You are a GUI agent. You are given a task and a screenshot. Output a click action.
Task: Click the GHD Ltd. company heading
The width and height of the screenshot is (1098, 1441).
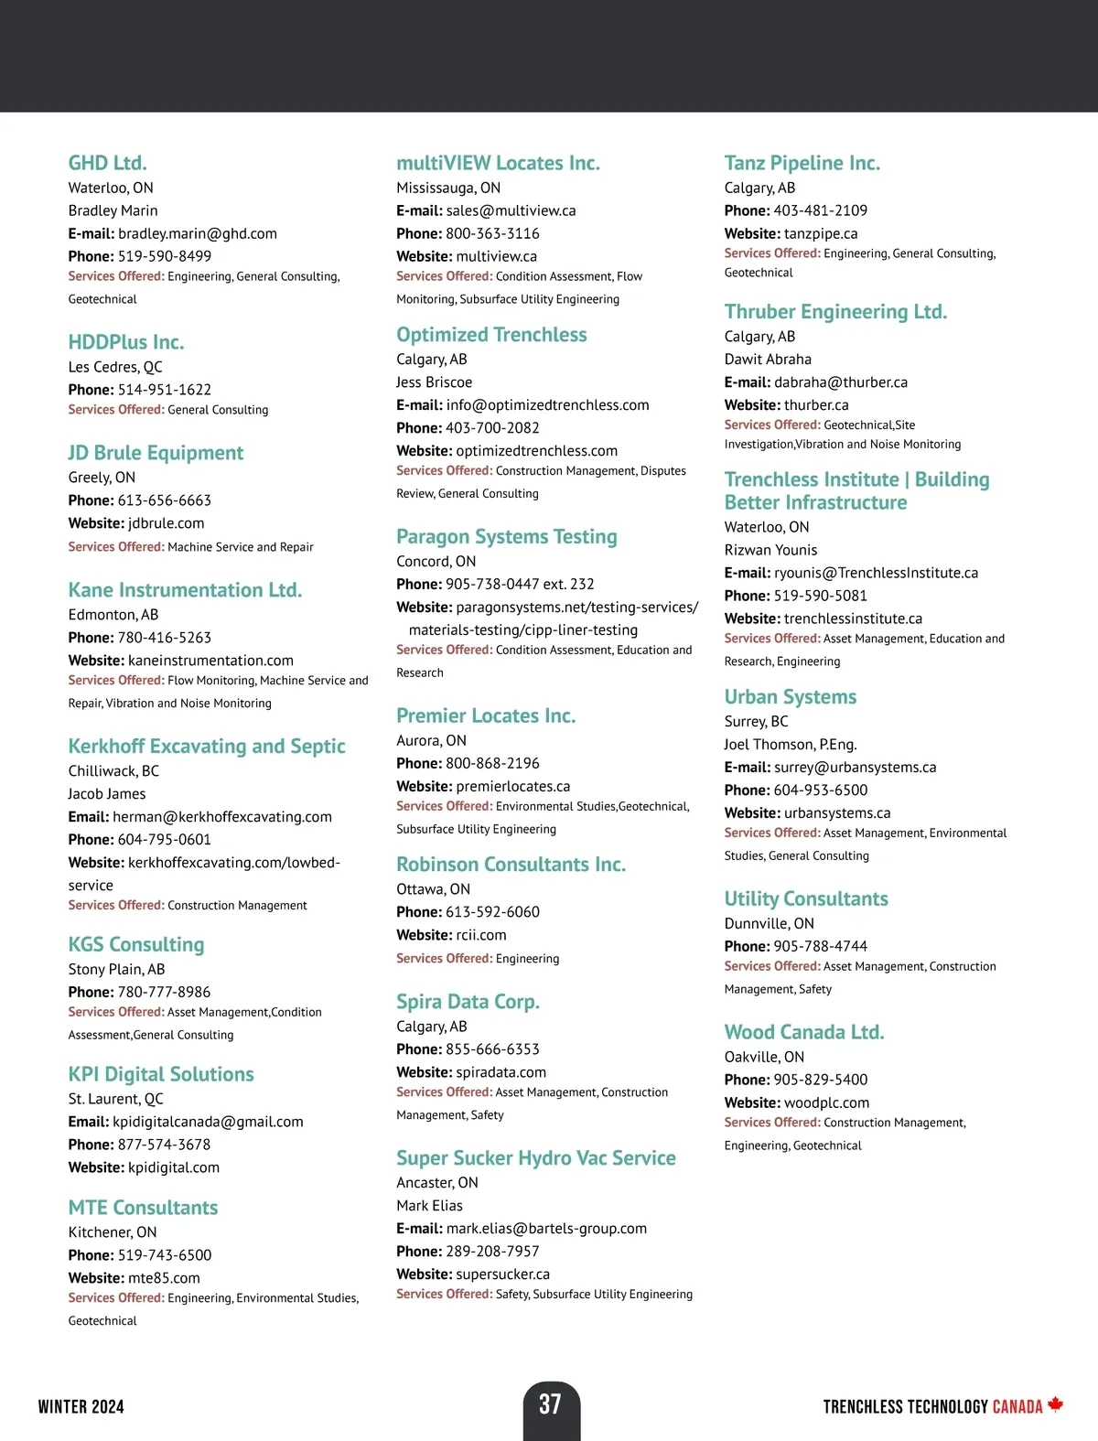[107, 163]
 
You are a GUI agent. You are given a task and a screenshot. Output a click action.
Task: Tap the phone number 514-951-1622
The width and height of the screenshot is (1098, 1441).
[164, 390]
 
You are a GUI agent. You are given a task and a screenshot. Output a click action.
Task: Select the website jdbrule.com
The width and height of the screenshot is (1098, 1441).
[166, 523]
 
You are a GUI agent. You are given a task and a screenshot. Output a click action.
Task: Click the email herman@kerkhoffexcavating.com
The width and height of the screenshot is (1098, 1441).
[221, 817]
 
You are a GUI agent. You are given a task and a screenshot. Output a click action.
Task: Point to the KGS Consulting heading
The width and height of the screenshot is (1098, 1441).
[136, 944]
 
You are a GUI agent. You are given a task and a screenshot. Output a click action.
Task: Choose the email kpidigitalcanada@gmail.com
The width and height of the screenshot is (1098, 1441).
[208, 1122]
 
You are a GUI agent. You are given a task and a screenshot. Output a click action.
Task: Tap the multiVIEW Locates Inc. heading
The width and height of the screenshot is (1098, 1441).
[498, 163]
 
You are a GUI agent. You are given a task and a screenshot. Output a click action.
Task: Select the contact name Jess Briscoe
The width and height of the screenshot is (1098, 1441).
[434, 382]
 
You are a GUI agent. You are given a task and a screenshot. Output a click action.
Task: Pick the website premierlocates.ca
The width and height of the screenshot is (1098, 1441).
[512, 786]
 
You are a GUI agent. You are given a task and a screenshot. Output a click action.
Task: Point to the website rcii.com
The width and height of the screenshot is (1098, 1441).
[480, 935]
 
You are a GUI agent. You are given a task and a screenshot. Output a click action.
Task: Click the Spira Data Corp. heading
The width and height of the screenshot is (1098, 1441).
[468, 1002]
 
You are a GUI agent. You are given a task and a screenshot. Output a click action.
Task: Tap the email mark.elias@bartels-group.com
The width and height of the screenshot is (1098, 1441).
[546, 1229]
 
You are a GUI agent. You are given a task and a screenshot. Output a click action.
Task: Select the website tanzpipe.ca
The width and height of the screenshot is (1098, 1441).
[821, 233]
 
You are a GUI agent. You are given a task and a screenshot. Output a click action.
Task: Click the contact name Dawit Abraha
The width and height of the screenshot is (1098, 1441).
[768, 360]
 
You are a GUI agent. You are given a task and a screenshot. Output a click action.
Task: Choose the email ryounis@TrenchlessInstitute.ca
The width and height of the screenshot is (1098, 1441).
[876, 573]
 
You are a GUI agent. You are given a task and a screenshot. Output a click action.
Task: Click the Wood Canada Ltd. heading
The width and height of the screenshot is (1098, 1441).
[804, 1032]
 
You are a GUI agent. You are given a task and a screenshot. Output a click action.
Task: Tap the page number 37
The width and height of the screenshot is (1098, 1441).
[550, 1404]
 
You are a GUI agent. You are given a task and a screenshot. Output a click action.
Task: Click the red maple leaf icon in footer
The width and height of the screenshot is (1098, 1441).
[1055, 1404]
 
